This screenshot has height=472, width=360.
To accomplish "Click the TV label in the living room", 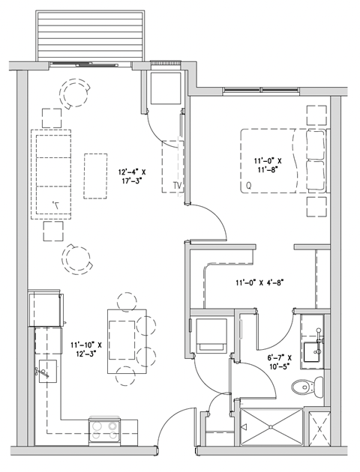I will [177, 185].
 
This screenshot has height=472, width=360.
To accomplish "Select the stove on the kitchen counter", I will [104, 429].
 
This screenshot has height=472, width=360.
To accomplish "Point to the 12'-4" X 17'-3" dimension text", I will [132, 176].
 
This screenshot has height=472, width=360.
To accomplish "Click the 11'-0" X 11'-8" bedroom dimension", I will [268, 166].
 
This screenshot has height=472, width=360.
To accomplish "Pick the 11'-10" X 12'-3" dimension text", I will [85, 350].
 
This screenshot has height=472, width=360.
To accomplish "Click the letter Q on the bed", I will [247, 184].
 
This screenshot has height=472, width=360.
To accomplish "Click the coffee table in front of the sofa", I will [95, 176].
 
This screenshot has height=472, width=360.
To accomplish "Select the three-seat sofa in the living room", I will [50, 174].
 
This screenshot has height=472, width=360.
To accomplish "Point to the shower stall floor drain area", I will [270, 428].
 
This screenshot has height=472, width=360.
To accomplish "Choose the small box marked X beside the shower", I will [321, 429].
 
